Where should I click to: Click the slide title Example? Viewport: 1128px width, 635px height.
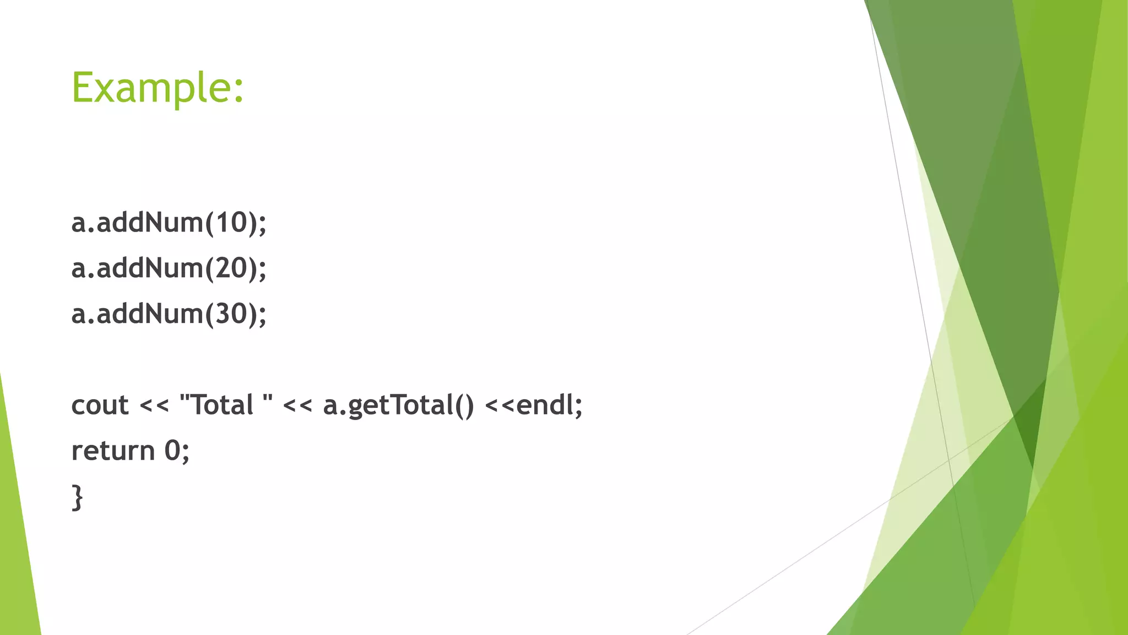click(158, 88)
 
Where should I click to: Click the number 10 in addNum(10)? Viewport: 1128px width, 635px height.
click(230, 223)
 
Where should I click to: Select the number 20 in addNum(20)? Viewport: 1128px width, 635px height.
click(230, 268)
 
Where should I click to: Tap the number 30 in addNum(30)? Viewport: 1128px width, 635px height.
click(230, 314)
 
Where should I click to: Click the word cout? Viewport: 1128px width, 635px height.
click(100, 406)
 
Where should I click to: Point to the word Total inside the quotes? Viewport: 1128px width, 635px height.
click(221, 406)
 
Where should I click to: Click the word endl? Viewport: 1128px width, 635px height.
click(544, 406)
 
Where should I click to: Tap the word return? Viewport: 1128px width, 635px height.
click(113, 451)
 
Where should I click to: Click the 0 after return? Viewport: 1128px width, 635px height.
click(172, 451)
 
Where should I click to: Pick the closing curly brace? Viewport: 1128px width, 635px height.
click(78, 498)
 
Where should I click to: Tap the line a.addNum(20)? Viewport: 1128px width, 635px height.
click(169, 268)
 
